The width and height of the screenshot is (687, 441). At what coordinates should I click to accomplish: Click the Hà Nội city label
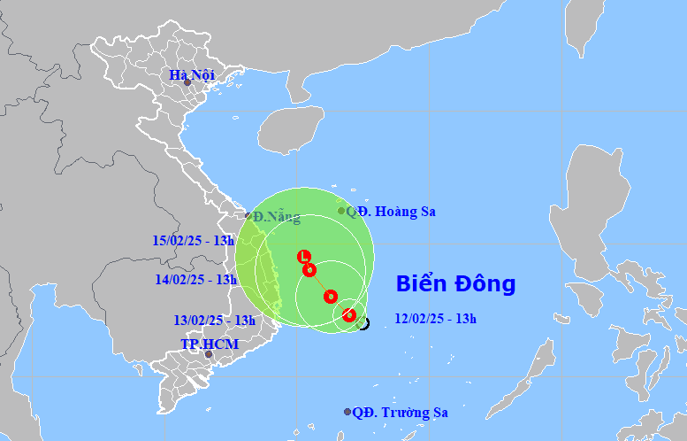coord(192,75)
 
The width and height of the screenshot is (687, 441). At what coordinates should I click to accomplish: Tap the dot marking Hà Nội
coord(187,82)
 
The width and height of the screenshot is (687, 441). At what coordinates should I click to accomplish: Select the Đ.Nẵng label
coord(276,217)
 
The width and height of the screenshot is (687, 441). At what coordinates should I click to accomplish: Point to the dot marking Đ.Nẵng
coord(248,215)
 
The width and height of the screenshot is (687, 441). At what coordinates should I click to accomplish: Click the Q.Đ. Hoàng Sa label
coord(391,212)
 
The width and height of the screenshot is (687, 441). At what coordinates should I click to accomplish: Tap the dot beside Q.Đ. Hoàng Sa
coord(341,211)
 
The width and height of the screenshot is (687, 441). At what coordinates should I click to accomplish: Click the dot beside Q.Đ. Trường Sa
coord(347,412)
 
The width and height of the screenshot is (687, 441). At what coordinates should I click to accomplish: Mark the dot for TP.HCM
coord(209,354)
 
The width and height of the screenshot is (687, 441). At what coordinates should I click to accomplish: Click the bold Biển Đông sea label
coord(455,284)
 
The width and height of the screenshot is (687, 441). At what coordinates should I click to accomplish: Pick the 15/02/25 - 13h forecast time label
coord(194,240)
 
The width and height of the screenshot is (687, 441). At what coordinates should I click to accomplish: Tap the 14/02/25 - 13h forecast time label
coord(196,279)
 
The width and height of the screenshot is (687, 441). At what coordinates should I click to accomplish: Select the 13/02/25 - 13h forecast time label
coord(214,321)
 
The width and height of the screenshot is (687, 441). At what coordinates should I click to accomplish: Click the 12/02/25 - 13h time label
coord(435,319)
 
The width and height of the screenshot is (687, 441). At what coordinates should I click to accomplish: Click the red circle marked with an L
coord(305,256)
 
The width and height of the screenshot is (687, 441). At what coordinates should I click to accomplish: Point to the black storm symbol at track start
coord(363,323)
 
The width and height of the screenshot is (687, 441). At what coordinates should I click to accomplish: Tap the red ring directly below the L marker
coord(309,269)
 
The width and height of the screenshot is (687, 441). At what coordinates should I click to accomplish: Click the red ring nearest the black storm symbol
coord(349,315)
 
